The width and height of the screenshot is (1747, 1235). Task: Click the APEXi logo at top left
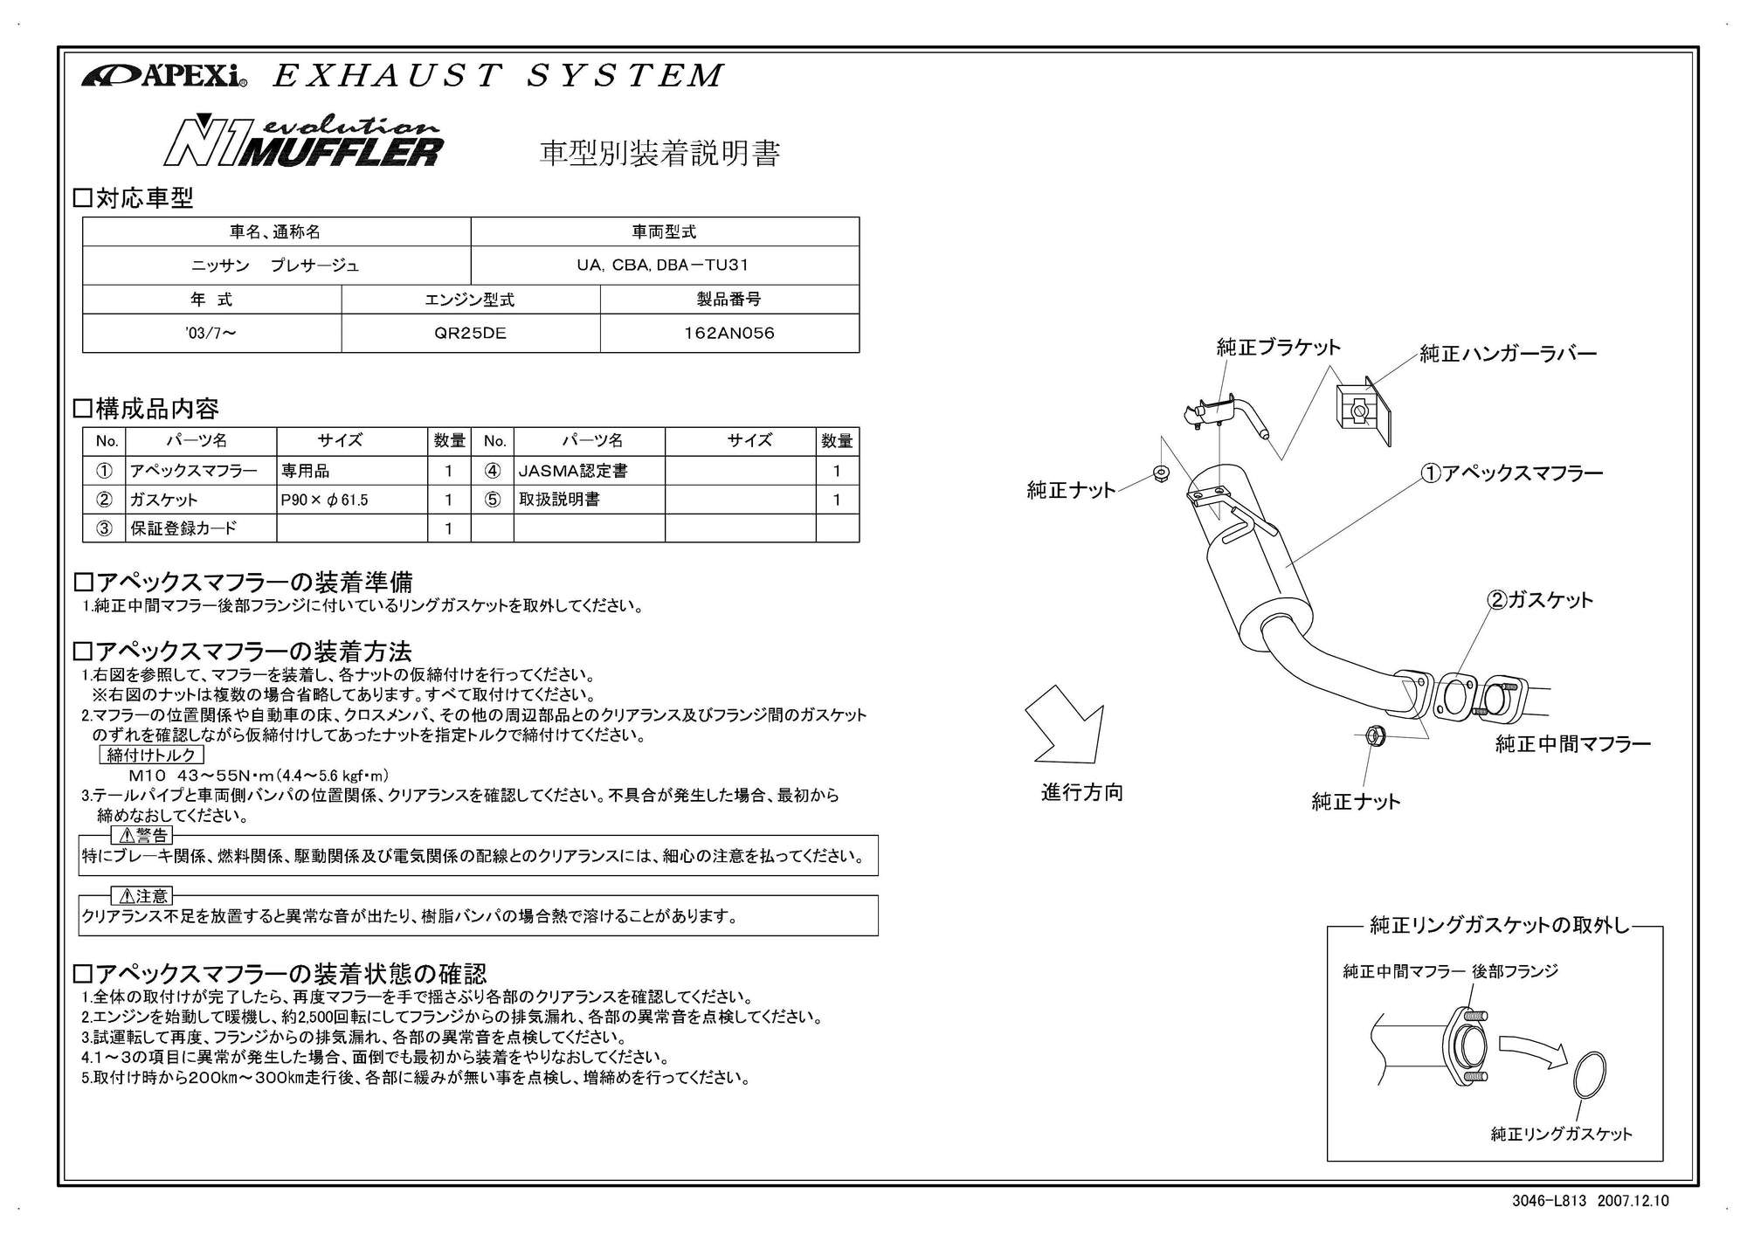click(164, 77)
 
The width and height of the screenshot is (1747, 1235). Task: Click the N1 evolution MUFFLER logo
click(304, 141)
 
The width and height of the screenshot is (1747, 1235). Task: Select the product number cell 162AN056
click(729, 333)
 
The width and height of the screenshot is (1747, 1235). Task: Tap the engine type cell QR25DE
click(471, 333)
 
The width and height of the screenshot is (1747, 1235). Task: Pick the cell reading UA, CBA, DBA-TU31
click(664, 265)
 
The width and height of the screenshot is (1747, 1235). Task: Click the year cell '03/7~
click(211, 333)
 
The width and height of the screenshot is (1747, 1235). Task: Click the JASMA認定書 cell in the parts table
click(573, 471)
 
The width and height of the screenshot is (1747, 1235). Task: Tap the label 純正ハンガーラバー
click(1508, 354)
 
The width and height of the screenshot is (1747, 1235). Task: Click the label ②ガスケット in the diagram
click(1540, 600)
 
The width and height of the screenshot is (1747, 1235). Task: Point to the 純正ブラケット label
click(1278, 348)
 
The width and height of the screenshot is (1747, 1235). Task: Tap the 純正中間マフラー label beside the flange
click(1572, 744)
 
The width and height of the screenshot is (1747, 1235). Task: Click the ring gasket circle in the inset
click(1589, 1074)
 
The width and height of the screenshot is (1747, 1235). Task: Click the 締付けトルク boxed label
click(151, 755)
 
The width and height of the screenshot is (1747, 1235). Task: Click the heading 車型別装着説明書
click(659, 153)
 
